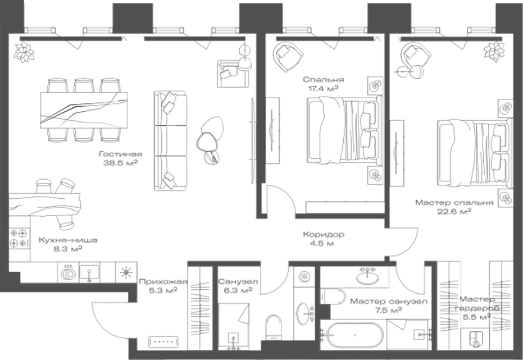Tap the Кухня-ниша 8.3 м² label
(x=61, y=244)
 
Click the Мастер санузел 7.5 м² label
(x=388, y=306)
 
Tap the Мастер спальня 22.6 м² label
(x=454, y=207)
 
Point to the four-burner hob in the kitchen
(x=19, y=238)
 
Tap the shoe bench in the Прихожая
(x=163, y=341)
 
